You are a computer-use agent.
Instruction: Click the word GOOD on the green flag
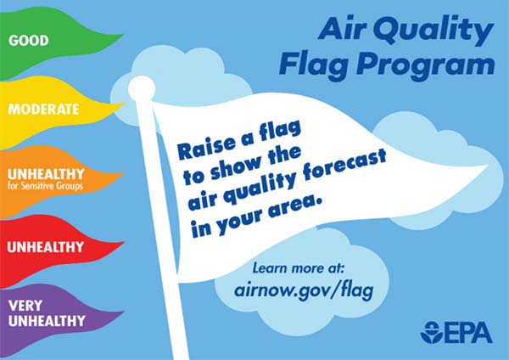tap(29, 40)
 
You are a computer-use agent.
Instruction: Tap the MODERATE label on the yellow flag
tap(43, 110)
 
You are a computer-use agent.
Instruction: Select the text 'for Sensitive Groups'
tap(45, 186)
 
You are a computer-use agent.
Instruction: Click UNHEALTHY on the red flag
tap(46, 247)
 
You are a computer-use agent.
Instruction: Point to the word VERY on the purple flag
tap(25, 306)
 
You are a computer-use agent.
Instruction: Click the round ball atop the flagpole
tap(142, 88)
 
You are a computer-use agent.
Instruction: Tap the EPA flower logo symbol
tap(432, 332)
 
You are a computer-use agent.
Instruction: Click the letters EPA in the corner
tap(468, 333)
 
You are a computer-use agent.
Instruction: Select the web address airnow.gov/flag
tap(304, 290)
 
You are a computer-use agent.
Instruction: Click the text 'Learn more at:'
tap(298, 268)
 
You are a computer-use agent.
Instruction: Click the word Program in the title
tap(426, 65)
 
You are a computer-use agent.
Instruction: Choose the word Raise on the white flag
tap(206, 148)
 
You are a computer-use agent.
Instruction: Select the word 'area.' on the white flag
tap(295, 207)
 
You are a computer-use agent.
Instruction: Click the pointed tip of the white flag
tap(488, 166)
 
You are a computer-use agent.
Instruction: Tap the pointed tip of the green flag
tap(123, 35)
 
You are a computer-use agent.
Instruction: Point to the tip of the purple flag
tap(124, 312)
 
